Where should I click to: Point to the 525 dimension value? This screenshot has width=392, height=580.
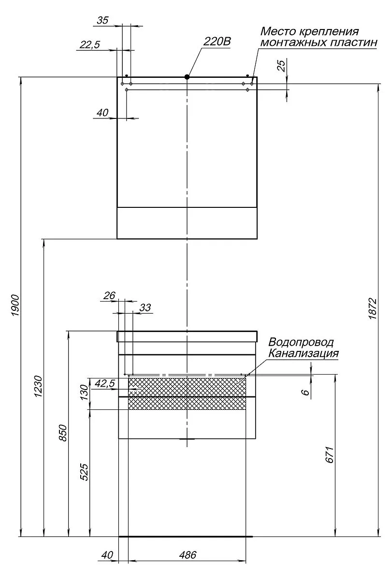pyautogui.click(x=84, y=472)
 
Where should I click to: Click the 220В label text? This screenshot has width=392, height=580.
pyautogui.click(x=217, y=42)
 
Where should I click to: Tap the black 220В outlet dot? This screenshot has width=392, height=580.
pyautogui.click(x=187, y=76)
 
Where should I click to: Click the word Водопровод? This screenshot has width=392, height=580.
pyautogui.click(x=301, y=342)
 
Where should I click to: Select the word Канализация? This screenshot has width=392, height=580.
pyautogui.click(x=304, y=353)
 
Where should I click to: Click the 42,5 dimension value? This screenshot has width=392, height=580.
pyautogui.click(x=104, y=383)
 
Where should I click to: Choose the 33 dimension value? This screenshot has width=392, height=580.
pyautogui.click(x=145, y=307)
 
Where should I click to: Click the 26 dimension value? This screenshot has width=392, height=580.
pyautogui.click(x=110, y=296)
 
